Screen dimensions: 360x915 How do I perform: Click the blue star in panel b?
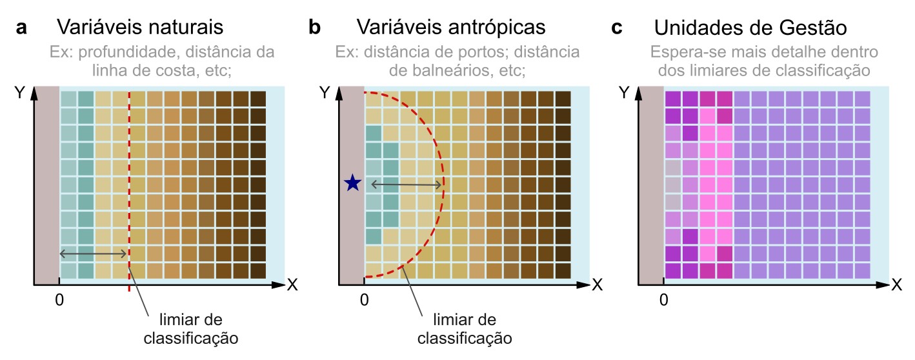click(x=352, y=184)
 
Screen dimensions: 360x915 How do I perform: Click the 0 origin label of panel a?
click(x=59, y=299)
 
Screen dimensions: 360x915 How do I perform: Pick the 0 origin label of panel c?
click(x=664, y=299)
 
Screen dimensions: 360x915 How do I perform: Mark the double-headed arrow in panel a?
click(x=94, y=254)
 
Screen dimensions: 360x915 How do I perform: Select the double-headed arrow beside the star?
click(x=406, y=185)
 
